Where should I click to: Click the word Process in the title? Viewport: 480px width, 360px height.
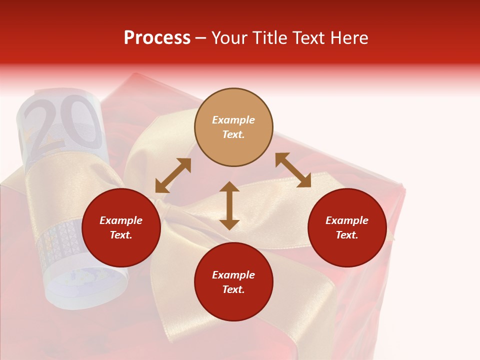(157, 38)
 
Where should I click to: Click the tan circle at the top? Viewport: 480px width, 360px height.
(233, 127)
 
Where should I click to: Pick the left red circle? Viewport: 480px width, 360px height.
(121, 228)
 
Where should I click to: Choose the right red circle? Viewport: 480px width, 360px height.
(347, 228)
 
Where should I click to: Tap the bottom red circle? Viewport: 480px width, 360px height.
(233, 282)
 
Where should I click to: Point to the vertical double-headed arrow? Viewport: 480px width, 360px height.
(229, 205)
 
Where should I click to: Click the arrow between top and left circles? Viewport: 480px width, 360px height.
(173, 175)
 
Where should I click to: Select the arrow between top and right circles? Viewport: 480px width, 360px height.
(293, 170)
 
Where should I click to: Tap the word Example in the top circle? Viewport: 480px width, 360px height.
(233, 120)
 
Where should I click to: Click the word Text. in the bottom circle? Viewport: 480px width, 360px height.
(233, 289)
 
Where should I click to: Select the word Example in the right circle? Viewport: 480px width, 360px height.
(347, 220)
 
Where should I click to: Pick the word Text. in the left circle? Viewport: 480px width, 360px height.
(121, 235)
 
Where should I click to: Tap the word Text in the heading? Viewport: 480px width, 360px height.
(307, 38)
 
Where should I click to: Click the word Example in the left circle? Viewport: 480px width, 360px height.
(121, 220)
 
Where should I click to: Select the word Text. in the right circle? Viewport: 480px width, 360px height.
(347, 235)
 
